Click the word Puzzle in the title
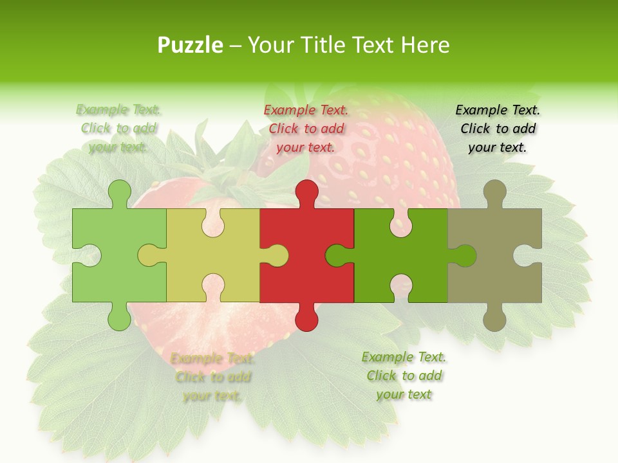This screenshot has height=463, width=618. [x=191, y=46]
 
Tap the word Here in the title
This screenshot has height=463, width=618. [x=425, y=45]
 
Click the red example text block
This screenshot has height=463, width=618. [x=306, y=129]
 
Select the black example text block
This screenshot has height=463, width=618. [x=498, y=129]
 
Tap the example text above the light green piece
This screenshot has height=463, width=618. [x=118, y=129]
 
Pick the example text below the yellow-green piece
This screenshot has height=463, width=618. [x=212, y=377]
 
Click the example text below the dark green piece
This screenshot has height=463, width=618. [x=404, y=376]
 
